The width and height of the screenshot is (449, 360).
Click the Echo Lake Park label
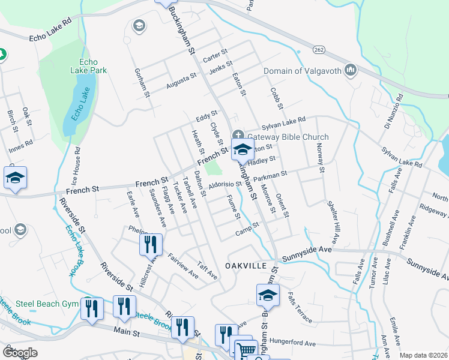[x=92, y=66]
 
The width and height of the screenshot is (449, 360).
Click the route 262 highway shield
[x=318, y=48]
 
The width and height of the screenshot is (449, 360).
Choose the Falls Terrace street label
[x=299, y=307]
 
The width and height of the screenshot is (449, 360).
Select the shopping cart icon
[x=246, y=350]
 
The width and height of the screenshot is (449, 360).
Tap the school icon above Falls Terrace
[x=268, y=294]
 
